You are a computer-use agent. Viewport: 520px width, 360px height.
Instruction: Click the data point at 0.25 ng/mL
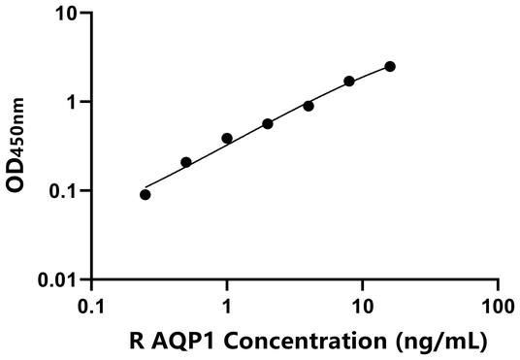click(x=146, y=194)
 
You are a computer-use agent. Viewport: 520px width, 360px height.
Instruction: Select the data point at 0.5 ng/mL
click(x=186, y=162)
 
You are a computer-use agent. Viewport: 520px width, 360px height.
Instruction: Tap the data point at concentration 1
click(x=227, y=139)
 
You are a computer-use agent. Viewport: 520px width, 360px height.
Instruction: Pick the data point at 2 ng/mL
click(x=268, y=124)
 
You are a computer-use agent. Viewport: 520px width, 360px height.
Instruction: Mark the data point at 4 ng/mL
click(x=309, y=106)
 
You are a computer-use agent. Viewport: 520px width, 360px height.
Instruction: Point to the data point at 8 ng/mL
click(x=349, y=82)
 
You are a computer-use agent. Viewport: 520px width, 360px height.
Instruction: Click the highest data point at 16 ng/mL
click(x=390, y=66)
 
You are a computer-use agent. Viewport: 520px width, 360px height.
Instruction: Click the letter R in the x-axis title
click(x=138, y=341)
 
